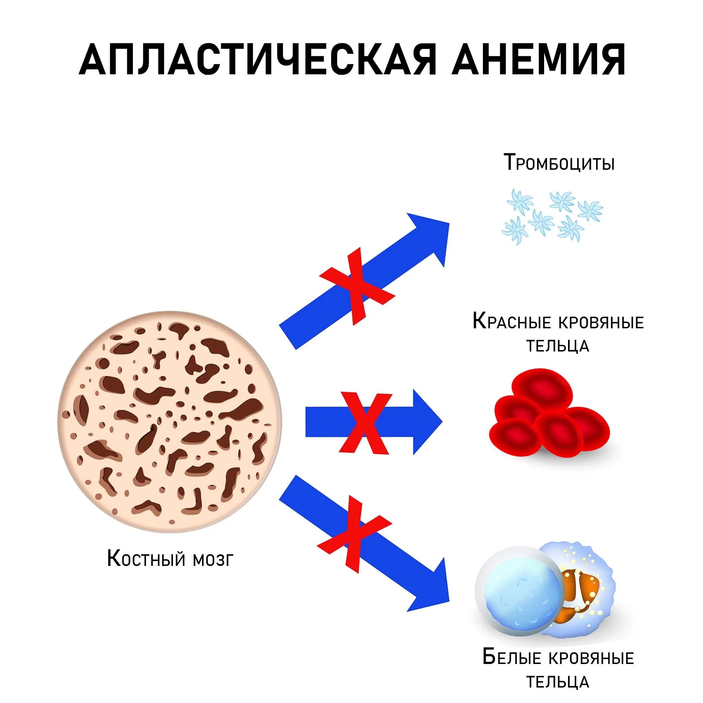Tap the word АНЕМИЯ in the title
(538, 60)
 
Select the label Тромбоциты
(559, 163)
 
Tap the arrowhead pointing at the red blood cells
(426, 422)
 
